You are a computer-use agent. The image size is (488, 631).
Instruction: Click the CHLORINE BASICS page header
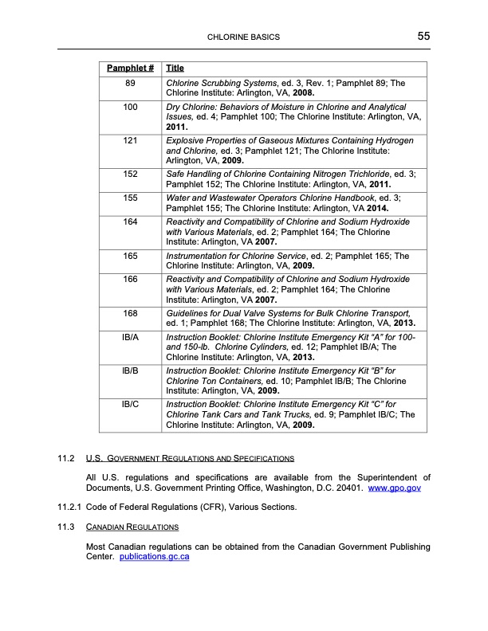(x=243, y=37)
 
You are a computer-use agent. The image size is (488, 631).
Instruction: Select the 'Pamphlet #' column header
(x=130, y=69)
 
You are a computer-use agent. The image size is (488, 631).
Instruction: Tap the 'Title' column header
(x=175, y=69)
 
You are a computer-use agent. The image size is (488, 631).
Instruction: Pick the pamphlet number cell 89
(x=130, y=83)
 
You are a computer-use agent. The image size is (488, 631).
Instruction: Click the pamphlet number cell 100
(x=130, y=107)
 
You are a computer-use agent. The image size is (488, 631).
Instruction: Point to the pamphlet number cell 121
(x=130, y=141)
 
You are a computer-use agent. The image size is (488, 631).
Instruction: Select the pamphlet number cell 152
(x=130, y=174)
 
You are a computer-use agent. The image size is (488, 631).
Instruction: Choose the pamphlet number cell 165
(x=130, y=256)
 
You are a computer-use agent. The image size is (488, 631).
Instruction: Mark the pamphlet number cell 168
(x=130, y=313)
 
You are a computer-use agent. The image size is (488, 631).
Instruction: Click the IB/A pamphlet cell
(x=130, y=337)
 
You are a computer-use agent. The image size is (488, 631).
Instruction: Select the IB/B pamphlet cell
(x=130, y=371)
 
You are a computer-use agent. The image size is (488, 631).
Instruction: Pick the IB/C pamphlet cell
(x=130, y=405)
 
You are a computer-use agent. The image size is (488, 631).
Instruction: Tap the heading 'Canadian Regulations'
(x=132, y=527)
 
